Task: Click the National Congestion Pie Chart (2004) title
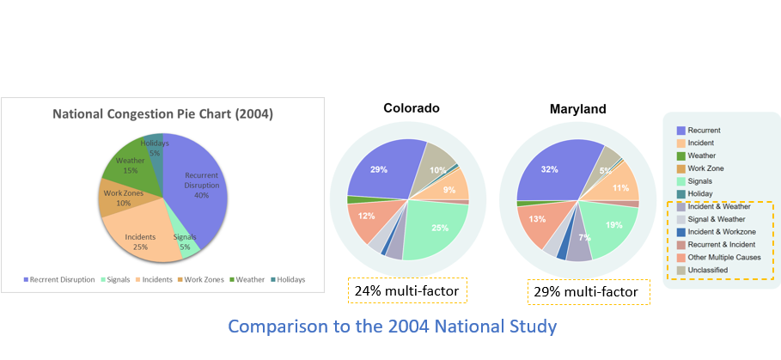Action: tap(162, 113)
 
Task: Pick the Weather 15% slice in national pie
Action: tap(131, 166)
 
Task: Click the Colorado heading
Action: tap(412, 108)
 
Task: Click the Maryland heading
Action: tap(578, 109)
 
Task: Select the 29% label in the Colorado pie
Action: tap(378, 170)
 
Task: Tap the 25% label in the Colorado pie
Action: tap(440, 228)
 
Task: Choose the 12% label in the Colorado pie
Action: tap(367, 216)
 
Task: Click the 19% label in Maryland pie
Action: tap(614, 225)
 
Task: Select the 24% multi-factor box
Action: tap(407, 291)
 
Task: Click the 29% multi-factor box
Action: tap(588, 292)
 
